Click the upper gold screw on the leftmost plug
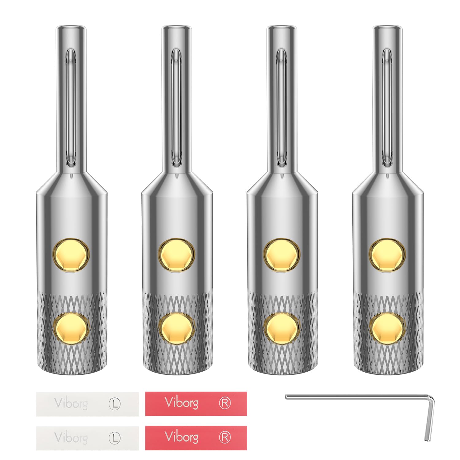tap(71, 255)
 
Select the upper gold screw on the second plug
tap(177, 255)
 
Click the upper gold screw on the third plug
tap(282, 255)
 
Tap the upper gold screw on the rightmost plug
tap(387, 255)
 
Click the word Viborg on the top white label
tap(71, 404)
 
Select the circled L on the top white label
tap(115, 404)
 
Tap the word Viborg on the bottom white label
tap(71, 438)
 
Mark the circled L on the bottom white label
tap(115, 438)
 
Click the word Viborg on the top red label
tap(181, 403)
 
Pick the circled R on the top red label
tap(224, 403)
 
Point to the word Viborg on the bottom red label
tap(181, 437)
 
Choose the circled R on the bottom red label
tap(224, 438)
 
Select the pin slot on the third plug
tap(282, 107)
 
